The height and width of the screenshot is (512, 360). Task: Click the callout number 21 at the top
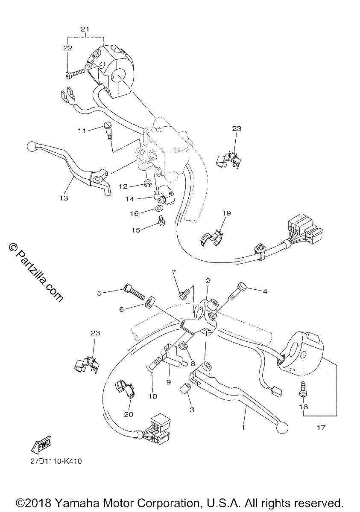[85, 29]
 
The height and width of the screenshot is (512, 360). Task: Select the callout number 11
[82, 131]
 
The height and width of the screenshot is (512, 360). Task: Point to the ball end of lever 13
[31, 146]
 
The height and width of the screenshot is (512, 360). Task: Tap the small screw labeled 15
[161, 221]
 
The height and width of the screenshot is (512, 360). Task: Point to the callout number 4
[265, 291]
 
